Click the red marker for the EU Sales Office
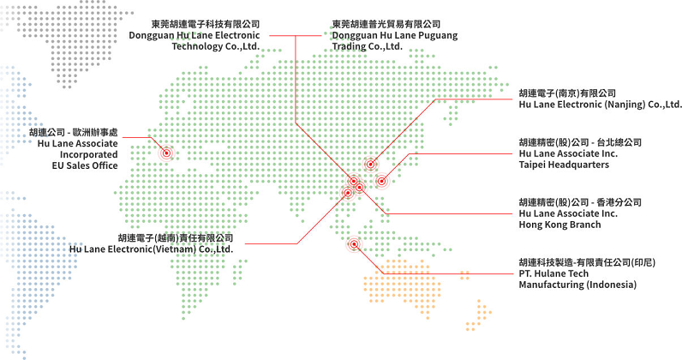(x=166, y=153)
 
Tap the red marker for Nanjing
(x=370, y=164)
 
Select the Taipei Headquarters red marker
(x=381, y=181)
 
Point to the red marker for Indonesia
(x=355, y=244)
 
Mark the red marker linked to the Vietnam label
(x=348, y=192)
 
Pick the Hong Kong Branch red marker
(x=360, y=187)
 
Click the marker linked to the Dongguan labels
(x=354, y=181)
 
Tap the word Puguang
(x=438, y=36)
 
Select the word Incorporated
(x=89, y=154)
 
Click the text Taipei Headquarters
(x=564, y=165)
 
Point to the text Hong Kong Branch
(x=559, y=225)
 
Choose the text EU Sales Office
(x=85, y=165)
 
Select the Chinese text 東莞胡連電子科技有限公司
(x=206, y=24)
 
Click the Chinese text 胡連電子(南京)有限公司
(x=567, y=93)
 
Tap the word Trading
(x=347, y=46)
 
